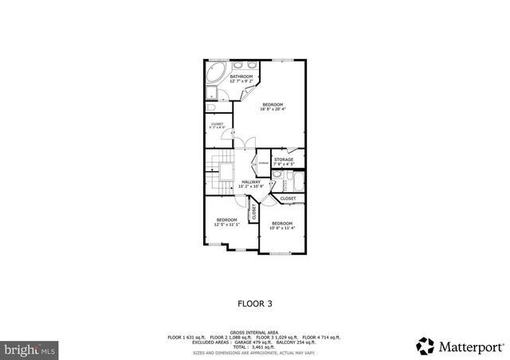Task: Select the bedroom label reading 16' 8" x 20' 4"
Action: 271,107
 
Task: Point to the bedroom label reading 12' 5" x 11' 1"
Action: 226,222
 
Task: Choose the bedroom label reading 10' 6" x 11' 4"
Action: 282,225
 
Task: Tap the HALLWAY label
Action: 251,184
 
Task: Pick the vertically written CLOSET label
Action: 254,213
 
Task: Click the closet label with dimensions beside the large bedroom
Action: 217,126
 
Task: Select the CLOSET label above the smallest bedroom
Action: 288,198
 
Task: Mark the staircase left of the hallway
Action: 218,176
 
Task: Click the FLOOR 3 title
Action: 254,303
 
